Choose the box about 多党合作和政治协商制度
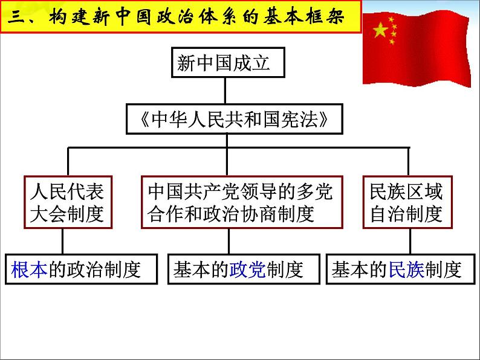[x=240, y=202]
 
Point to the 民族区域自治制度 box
[x=406, y=202]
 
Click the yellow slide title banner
[x=181, y=17]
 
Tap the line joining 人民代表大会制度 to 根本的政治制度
[x=63, y=240]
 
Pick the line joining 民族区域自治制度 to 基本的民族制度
[x=408, y=240]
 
